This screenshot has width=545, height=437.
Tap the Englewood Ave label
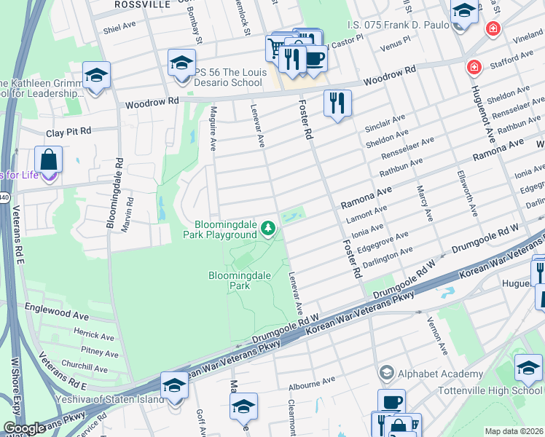57,315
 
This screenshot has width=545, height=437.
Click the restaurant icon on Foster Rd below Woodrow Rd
337,103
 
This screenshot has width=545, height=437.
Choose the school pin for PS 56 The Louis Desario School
182,63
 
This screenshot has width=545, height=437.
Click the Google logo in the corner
24,429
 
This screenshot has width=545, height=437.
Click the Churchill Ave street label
85,367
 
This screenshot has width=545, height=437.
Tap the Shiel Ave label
119,25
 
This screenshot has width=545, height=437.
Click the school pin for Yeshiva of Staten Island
174,387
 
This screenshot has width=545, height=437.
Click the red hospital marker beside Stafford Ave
474,68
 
